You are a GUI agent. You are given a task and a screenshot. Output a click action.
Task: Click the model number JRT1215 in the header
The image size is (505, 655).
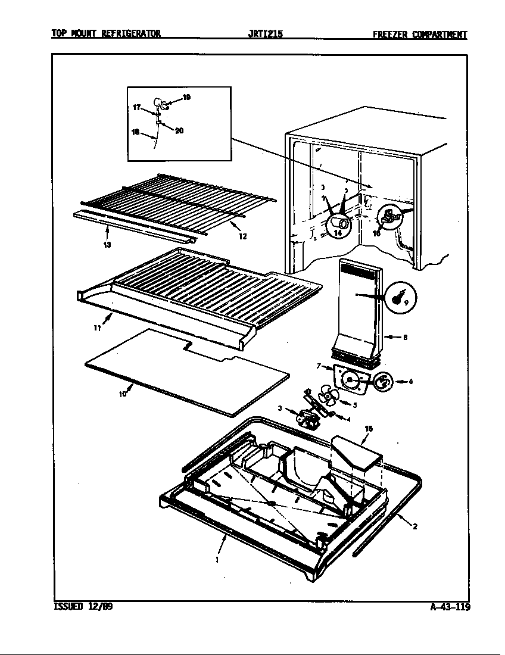(x=265, y=35)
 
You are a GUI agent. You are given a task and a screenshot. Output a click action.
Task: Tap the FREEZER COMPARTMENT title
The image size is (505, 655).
(x=419, y=35)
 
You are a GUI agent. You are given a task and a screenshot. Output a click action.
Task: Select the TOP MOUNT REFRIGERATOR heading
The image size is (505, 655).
(x=105, y=34)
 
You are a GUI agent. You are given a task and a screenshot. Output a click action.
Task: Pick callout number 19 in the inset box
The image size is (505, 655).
(x=186, y=97)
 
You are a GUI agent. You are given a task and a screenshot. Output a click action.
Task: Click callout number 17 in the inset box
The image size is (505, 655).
(x=136, y=108)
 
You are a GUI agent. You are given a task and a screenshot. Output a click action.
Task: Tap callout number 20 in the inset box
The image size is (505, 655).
(x=179, y=131)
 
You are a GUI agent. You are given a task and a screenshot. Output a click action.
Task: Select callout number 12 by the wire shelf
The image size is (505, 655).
(x=242, y=236)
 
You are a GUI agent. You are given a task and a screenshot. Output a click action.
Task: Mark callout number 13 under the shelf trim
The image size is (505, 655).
(x=107, y=244)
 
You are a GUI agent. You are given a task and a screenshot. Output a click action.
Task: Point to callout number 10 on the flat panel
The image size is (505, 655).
(x=122, y=394)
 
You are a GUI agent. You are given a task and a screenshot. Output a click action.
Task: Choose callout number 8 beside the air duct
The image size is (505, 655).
(x=405, y=338)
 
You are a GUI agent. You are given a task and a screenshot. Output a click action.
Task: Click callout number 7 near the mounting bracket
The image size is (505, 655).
(x=319, y=366)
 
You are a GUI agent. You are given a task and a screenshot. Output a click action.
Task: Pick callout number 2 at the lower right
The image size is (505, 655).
(x=414, y=526)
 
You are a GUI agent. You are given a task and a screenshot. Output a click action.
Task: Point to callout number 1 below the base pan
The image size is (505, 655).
(x=217, y=560)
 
